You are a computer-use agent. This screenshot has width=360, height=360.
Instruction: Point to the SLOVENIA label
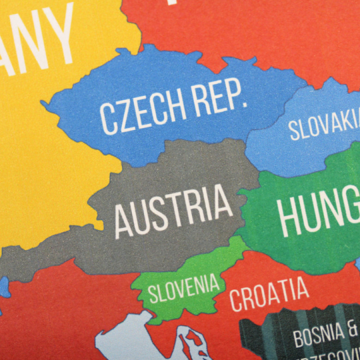click(x=184, y=288)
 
